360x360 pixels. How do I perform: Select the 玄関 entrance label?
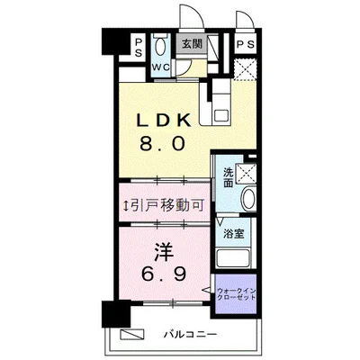click(190, 43)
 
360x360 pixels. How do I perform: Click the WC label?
click(161, 67)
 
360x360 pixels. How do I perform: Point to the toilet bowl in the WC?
click(160, 48)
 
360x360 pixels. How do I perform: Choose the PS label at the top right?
click(243, 44)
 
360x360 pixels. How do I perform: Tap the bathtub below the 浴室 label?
click(238, 256)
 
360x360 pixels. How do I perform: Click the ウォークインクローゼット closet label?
click(237, 296)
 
